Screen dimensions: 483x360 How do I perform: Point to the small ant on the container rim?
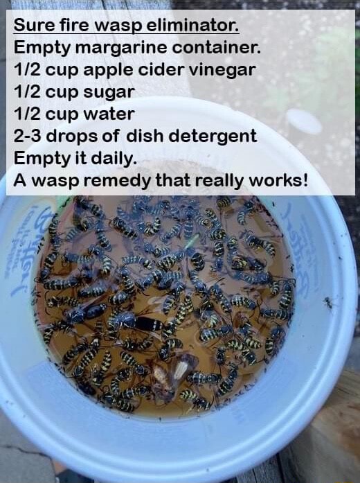tap(327, 302)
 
